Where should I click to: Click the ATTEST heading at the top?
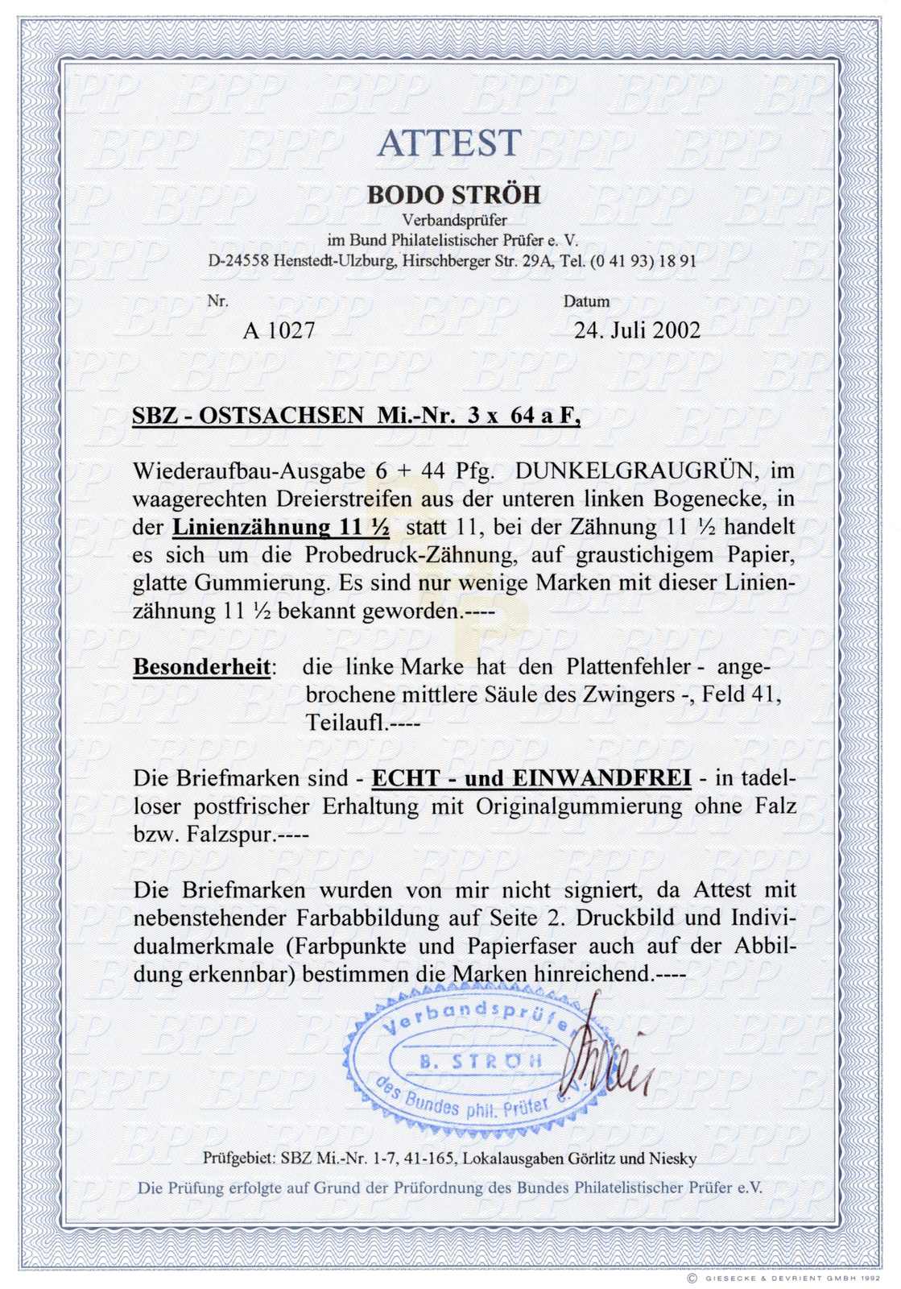point(449,143)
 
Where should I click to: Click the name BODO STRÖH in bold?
point(454,195)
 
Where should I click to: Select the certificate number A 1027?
point(279,330)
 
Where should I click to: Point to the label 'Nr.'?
point(217,301)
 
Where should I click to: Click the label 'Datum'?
point(586,302)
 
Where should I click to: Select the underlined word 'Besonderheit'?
point(202,668)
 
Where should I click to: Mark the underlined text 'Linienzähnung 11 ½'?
point(282,528)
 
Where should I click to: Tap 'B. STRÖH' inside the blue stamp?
point(481,1061)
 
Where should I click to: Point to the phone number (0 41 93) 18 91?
point(643,261)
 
